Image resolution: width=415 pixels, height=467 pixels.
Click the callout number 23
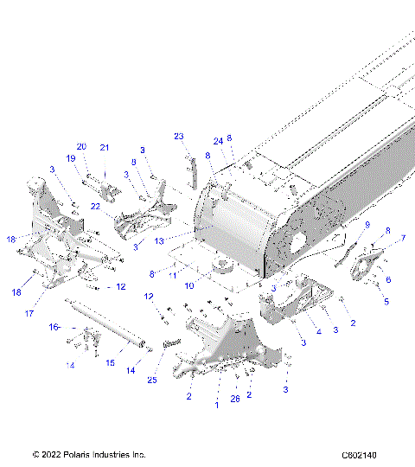coord(179,136)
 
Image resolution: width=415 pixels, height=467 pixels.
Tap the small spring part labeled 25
coord(169,344)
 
